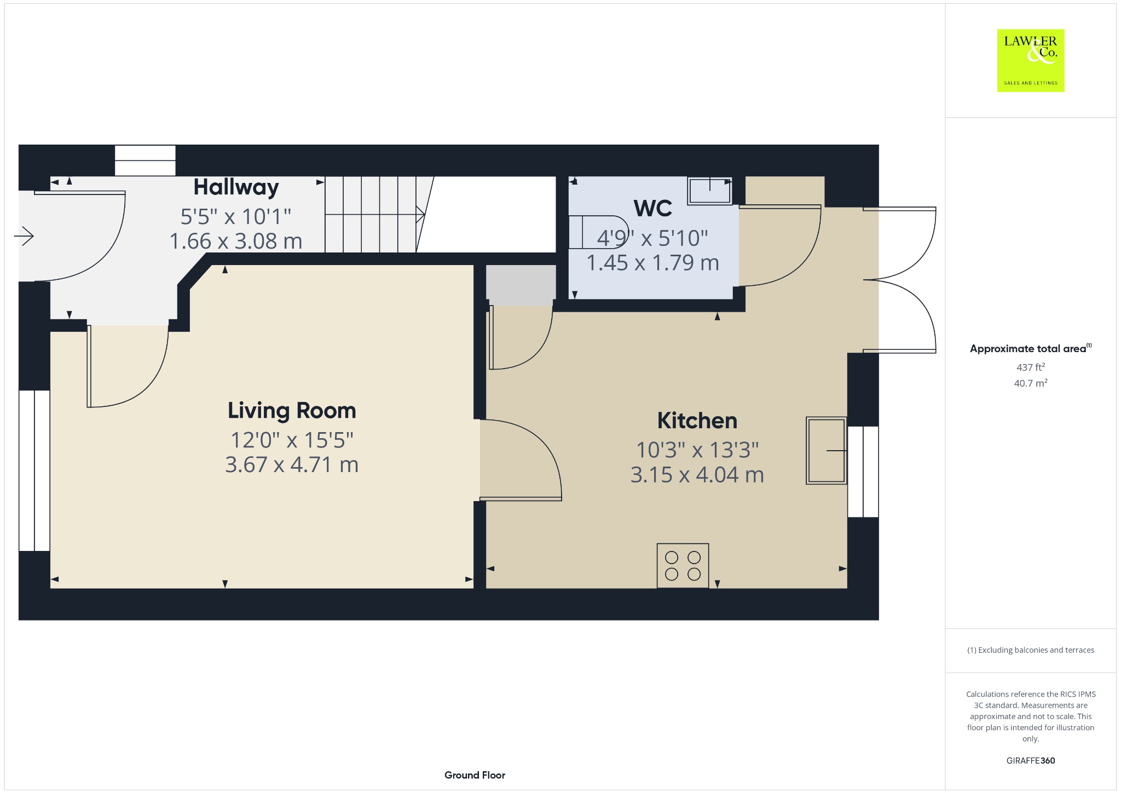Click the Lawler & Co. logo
(x=1031, y=60)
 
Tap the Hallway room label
(x=236, y=187)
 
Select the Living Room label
(x=292, y=411)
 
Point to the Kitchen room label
(x=697, y=421)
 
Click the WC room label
(x=653, y=208)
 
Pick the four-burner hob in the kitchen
(x=683, y=566)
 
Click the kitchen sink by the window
(x=827, y=451)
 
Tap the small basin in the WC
(x=710, y=191)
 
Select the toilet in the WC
(x=598, y=232)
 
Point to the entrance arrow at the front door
(x=24, y=237)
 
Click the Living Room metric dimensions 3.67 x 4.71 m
(x=292, y=464)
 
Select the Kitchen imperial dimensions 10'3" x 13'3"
(x=697, y=450)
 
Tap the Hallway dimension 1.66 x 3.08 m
(x=236, y=241)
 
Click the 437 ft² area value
(x=1031, y=367)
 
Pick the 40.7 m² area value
(x=1031, y=383)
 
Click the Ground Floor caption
(x=475, y=775)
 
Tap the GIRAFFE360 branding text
(x=1031, y=760)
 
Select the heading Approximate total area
(x=1028, y=349)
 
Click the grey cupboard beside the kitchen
(x=521, y=283)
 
